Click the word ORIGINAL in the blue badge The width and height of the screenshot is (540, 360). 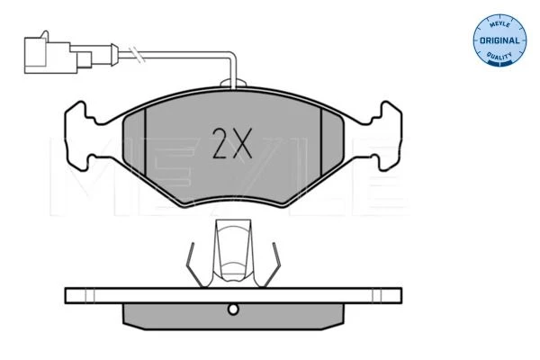click(x=499, y=40)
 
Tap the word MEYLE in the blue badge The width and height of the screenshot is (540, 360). click(x=499, y=24)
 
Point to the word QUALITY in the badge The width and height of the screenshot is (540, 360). click(x=499, y=56)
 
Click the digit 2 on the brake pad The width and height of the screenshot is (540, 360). click(x=220, y=143)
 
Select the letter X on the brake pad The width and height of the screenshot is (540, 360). click(x=241, y=143)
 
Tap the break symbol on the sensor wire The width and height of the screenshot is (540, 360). click(x=136, y=54)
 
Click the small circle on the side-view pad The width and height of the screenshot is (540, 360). click(x=233, y=310)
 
